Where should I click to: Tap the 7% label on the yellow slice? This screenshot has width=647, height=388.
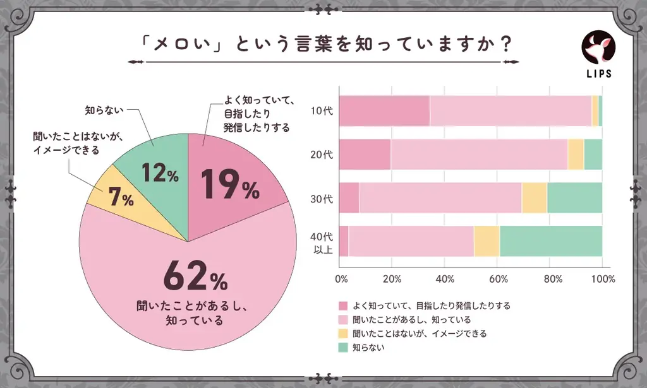tap(120, 198)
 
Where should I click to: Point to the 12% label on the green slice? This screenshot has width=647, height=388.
tap(159, 172)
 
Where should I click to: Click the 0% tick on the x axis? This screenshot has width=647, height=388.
tap(341, 279)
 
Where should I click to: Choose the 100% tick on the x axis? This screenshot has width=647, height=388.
tap(603, 279)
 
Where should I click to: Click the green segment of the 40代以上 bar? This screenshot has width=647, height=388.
tap(550, 241)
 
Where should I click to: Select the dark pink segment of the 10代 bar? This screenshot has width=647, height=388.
tap(385, 111)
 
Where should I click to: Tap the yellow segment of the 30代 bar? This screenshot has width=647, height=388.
tap(534, 197)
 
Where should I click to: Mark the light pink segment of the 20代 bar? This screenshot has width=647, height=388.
tap(479, 155)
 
